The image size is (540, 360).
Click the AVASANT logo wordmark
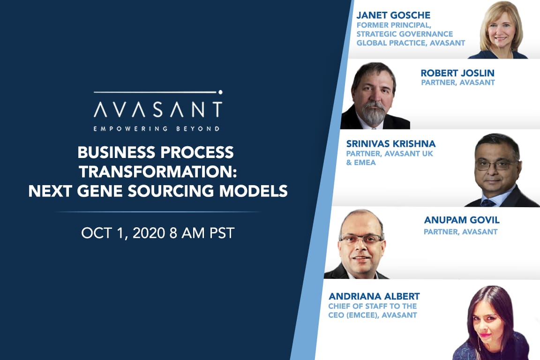(157, 109)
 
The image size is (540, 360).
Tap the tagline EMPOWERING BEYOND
(157, 128)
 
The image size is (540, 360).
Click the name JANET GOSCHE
(393, 15)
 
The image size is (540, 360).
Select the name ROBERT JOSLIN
(457, 73)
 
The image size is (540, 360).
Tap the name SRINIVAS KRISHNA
(390, 143)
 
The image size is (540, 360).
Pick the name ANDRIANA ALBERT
(374, 296)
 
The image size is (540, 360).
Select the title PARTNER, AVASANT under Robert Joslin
(457, 83)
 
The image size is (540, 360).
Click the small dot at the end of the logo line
(220, 92)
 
